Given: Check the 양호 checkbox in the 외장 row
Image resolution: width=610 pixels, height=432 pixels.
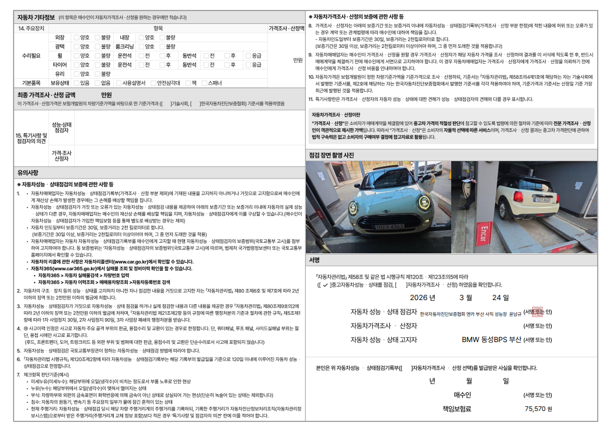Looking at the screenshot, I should [x=76, y=37].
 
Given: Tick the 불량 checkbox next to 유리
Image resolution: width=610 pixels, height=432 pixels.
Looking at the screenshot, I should [x=97, y=74].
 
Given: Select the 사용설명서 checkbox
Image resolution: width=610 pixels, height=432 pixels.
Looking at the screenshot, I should [x=118, y=83].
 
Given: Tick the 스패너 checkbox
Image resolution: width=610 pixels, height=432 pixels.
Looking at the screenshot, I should [x=204, y=83].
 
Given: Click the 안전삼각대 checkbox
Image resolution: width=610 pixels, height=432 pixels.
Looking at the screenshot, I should [x=152, y=83].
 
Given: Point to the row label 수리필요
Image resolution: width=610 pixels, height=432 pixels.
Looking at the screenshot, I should [x=31, y=55].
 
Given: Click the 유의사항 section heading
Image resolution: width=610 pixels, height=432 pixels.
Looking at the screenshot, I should [x=28, y=173].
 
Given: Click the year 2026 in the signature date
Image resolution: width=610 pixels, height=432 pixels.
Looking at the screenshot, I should [x=423, y=297].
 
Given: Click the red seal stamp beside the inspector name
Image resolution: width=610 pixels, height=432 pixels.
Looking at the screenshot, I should [x=538, y=312].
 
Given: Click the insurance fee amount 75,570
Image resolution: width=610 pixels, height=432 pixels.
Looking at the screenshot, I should [x=535, y=409].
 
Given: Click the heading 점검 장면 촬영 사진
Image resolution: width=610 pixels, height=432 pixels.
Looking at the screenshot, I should [x=331, y=155].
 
